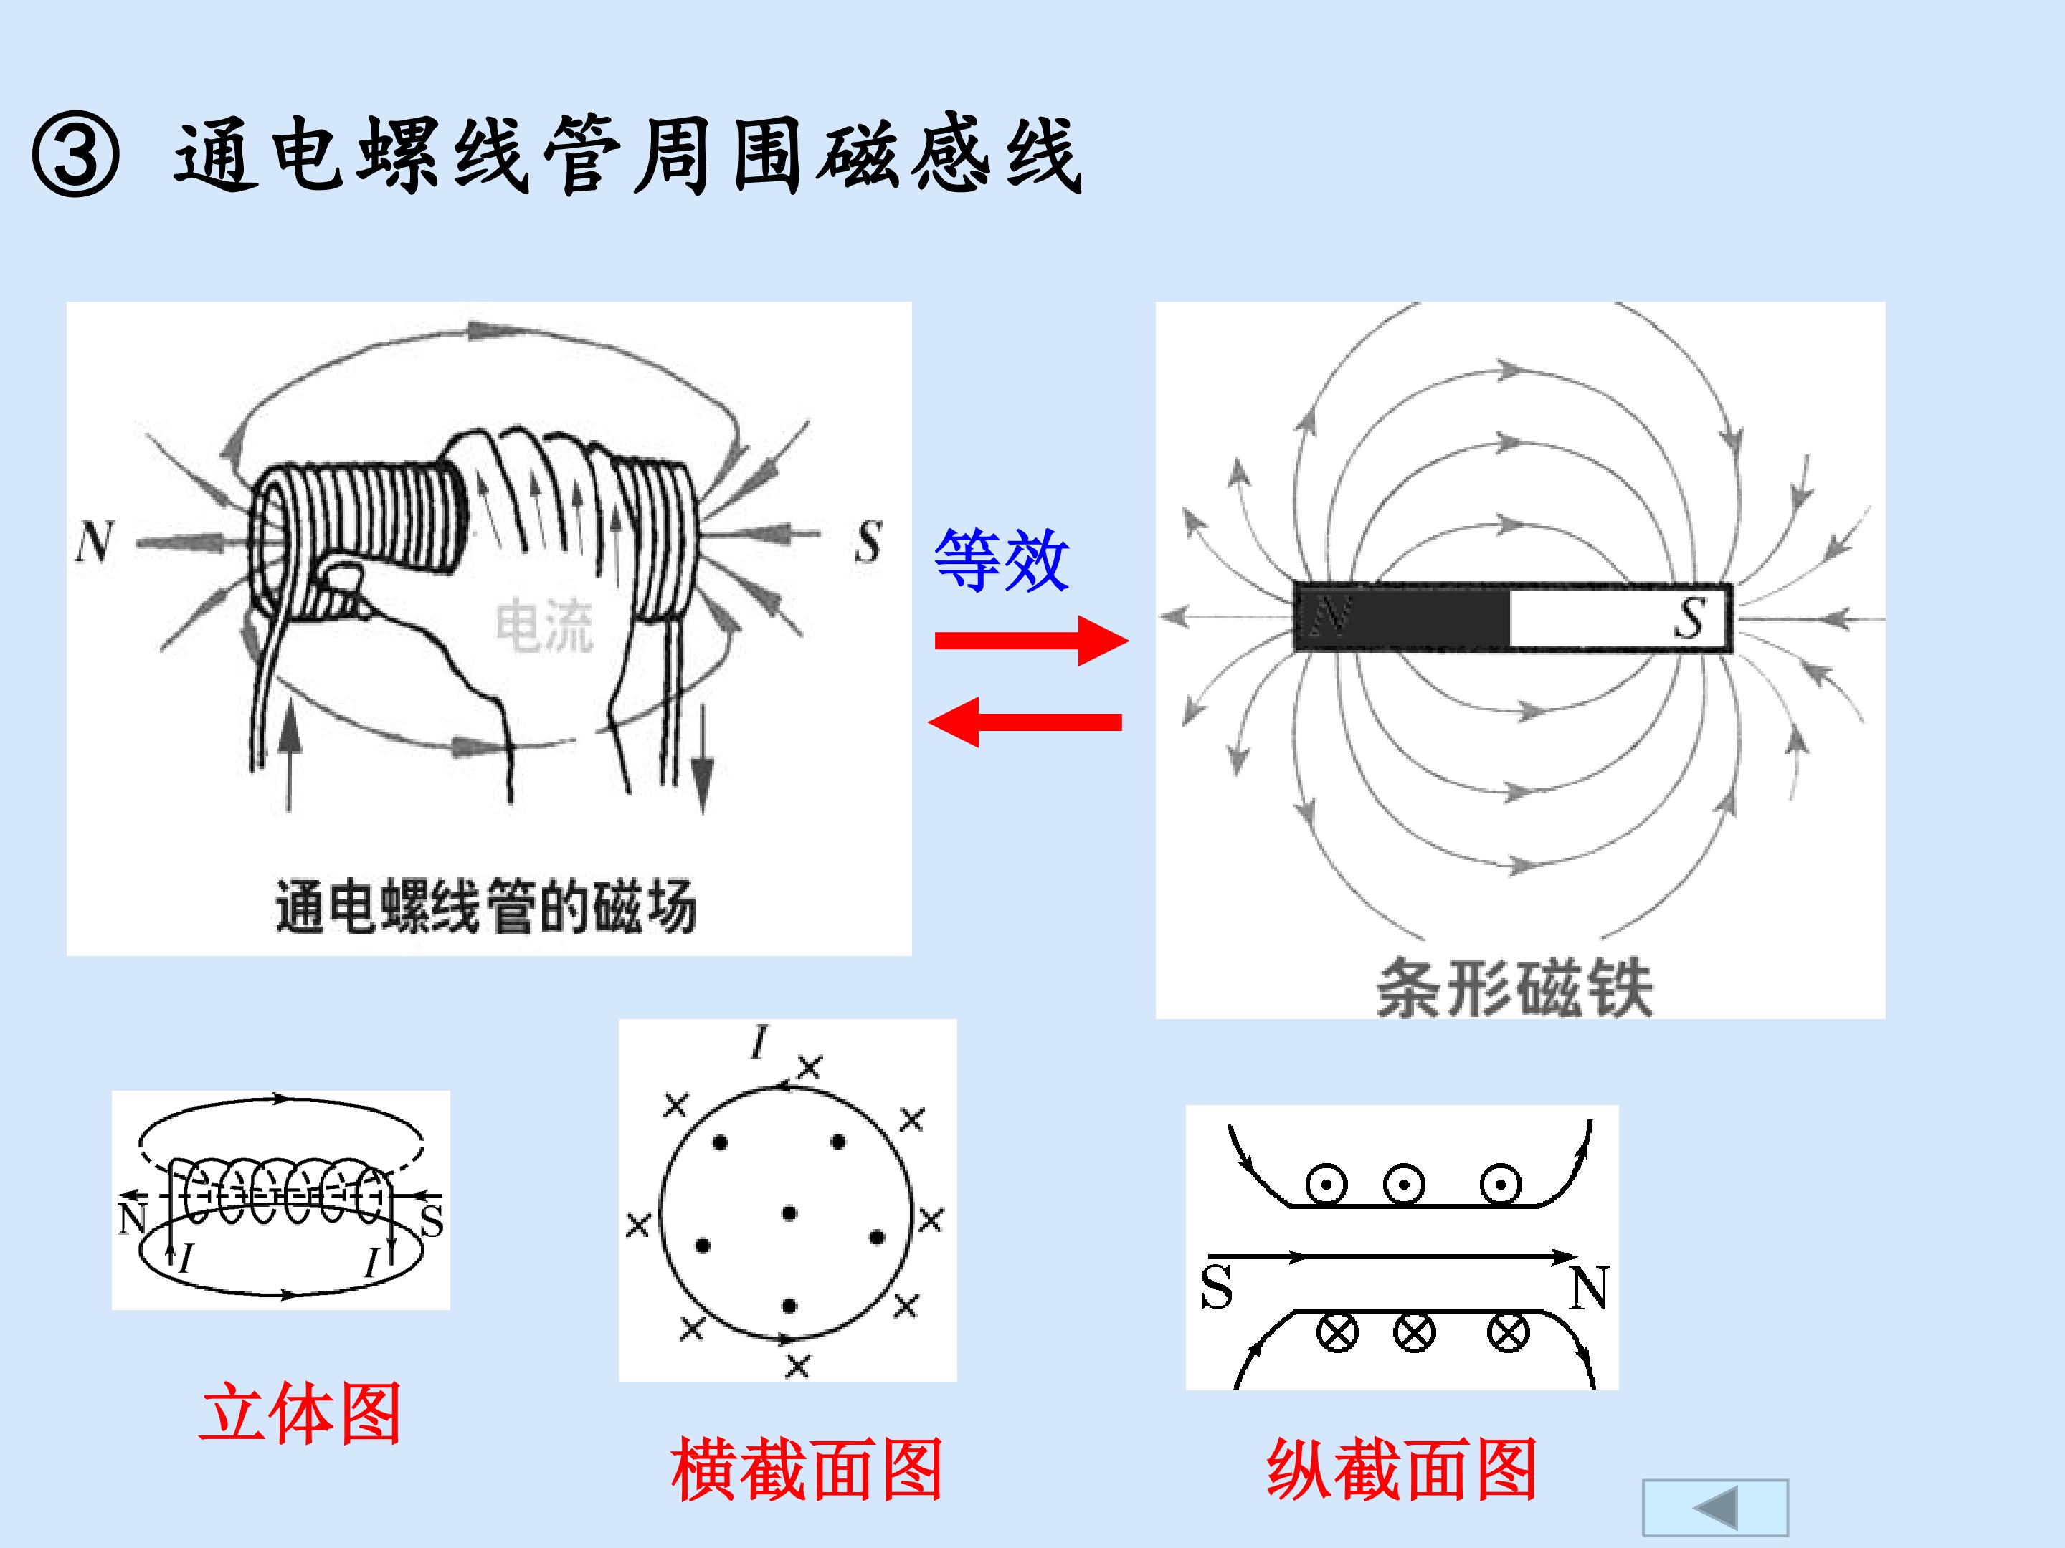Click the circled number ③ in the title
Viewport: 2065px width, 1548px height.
75,154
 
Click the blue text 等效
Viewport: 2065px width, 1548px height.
1002,560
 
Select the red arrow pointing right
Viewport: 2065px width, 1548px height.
1032,640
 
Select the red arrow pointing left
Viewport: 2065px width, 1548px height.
1025,721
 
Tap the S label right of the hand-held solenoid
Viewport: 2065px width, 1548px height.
868,541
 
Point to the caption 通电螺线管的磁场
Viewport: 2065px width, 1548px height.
485,906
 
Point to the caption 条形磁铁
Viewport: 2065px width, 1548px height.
1514,988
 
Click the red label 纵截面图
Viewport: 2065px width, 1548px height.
1401,1468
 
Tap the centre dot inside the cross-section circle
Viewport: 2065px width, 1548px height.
789,1213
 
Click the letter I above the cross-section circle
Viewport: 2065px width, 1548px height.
760,1042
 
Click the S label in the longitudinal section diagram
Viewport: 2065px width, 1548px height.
1216,1288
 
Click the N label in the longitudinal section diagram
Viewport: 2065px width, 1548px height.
1589,1289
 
